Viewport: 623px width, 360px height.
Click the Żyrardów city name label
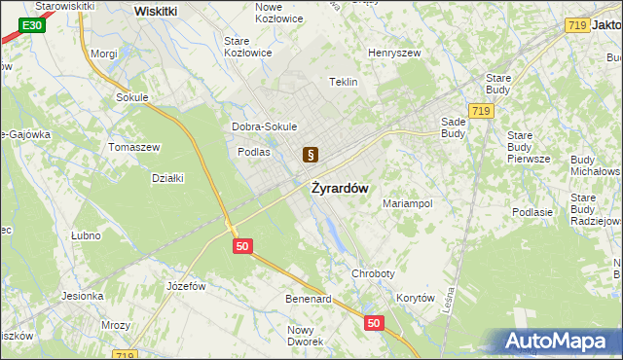tap(340, 189)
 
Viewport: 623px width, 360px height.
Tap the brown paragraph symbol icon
tap(311, 154)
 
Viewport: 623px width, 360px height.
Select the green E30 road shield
tap(32, 23)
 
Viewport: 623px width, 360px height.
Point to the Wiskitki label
tap(156, 11)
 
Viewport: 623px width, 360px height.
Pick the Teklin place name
tap(345, 82)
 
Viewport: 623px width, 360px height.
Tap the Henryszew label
tap(392, 53)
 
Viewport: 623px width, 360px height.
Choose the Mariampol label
tap(407, 203)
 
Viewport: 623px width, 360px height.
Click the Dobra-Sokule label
tap(264, 126)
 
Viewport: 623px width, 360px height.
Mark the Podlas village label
tap(253, 152)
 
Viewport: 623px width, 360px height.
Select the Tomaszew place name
tap(134, 146)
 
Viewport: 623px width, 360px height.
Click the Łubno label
tap(87, 235)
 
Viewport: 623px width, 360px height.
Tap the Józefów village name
tap(186, 286)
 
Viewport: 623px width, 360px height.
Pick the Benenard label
tap(309, 299)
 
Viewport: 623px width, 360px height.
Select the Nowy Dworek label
tap(306, 336)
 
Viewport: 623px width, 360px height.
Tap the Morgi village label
tap(103, 54)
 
